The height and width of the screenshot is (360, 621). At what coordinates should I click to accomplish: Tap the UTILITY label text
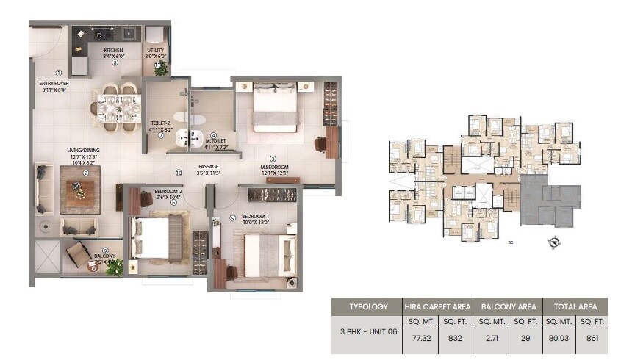pyautogui.click(x=156, y=50)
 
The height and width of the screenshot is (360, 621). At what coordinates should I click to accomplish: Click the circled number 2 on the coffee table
pyautogui.click(x=85, y=173)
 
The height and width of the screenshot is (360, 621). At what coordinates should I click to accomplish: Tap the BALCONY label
pyautogui.click(x=105, y=257)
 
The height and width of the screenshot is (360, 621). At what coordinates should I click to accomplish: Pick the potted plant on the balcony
pyautogui.click(x=114, y=267)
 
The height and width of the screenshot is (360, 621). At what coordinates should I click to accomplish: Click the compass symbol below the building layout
pyautogui.click(x=554, y=242)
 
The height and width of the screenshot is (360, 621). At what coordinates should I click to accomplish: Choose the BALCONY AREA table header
pyautogui.click(x=508, y=306)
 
